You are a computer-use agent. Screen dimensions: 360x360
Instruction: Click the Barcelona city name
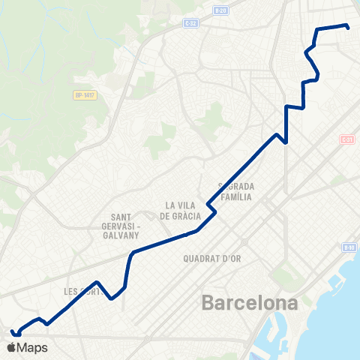coord(249,304)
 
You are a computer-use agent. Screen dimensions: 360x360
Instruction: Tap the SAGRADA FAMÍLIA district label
coord(236,192)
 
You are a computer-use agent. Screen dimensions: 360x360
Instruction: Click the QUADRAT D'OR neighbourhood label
coord(211,258)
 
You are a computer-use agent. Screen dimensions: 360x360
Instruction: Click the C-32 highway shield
coord(190,23)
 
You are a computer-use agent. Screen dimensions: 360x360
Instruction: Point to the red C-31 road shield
coord(346,139)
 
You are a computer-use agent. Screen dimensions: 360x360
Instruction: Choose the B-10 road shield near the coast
coord(349,247)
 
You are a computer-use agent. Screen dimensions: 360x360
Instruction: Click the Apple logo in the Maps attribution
coord(10,347)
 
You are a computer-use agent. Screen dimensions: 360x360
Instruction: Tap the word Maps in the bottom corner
coord(32,347)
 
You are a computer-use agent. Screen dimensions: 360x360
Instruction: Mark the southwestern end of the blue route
coord(11,331)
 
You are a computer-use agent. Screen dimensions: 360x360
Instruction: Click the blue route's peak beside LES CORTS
coord(98,282)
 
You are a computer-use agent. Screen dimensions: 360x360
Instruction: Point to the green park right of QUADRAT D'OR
coord(283,277)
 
